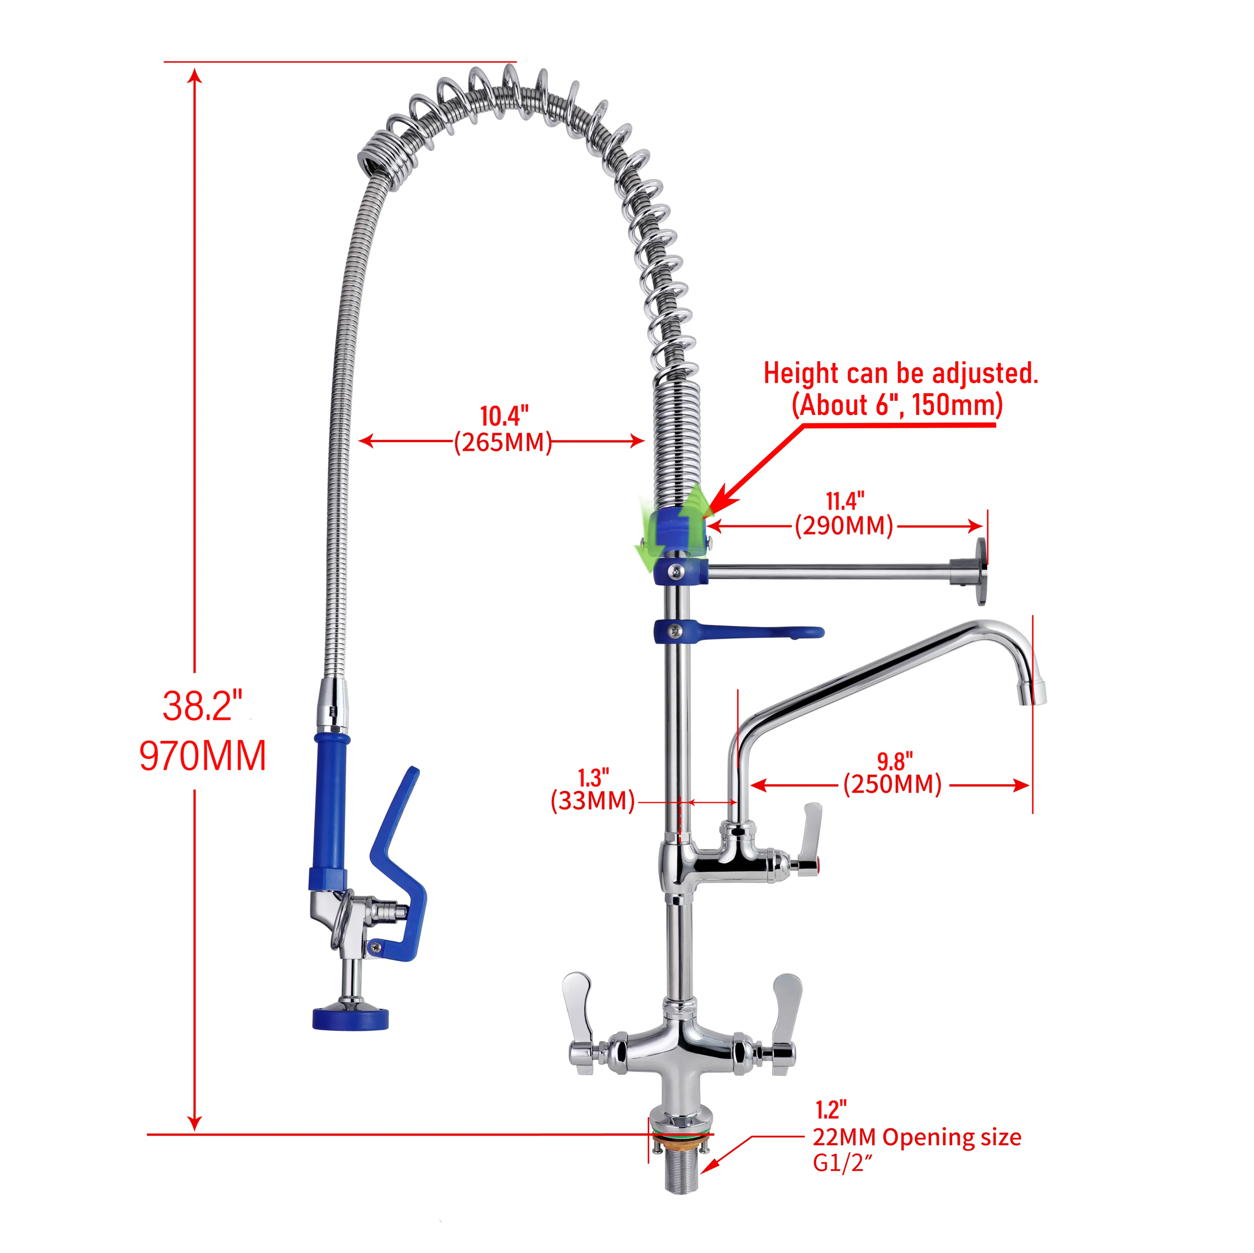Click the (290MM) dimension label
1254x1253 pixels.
click(844, 526)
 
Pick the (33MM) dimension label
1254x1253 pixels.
click(592, 801)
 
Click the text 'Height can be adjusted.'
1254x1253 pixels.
click(900, 373)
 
